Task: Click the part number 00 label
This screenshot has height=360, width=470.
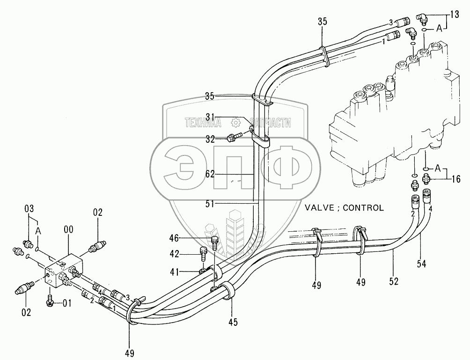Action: [x=68, y=230]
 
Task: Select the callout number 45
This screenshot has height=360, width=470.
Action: [x=233, y=322]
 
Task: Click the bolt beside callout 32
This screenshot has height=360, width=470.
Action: [x=233, y=137]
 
